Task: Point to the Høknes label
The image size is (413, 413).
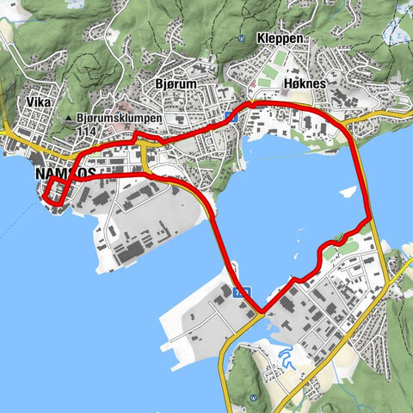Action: click(302, 84)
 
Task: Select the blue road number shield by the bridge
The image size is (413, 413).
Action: click(241, 293)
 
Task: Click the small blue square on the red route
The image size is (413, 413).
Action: click(228, 117)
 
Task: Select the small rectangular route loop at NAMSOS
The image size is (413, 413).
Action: click(54, 193)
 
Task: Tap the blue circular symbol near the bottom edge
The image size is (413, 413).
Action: click(255, 398)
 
